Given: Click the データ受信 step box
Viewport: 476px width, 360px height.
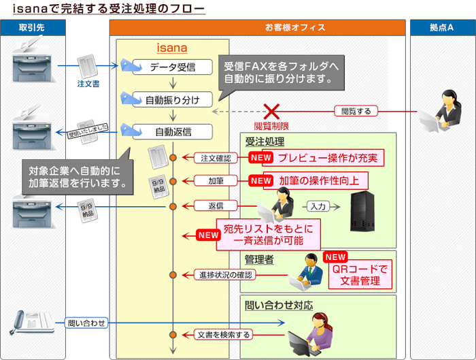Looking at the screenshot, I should pyautogui.click(x=172, y=67).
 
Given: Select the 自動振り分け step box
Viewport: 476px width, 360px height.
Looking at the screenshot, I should pyautogui.click(x=173, y=99).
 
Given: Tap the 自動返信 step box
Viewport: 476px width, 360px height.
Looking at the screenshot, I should pyautogui.click(x=173, y=131).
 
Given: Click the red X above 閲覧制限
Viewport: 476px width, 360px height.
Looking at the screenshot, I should pyautogui.click(x=272, y=111).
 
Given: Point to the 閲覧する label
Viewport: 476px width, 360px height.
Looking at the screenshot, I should pyautogui.click(x=356, y=111).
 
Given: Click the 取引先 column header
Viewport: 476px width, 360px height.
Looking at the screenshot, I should pyautogui.click(x=33, y=27).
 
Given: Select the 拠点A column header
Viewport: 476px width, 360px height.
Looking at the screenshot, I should pyautogui.click(x=442, y=27).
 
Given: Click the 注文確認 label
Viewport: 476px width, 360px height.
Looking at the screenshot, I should pyautogui.click(x=216, y=158).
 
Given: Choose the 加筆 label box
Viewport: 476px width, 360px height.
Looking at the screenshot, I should pyautogui.click(x=216, y=181).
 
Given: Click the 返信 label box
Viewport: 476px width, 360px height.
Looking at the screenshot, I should pyautogui.click(x=216, y=205).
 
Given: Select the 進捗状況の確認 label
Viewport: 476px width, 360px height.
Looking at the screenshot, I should pyautogui.click(x=226, y=275).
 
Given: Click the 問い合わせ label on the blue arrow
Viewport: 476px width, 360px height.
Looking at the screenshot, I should pyautogui.click(x=86, y=323).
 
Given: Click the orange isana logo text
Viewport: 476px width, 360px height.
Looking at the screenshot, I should pyautogui.click(x=171, y=48).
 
